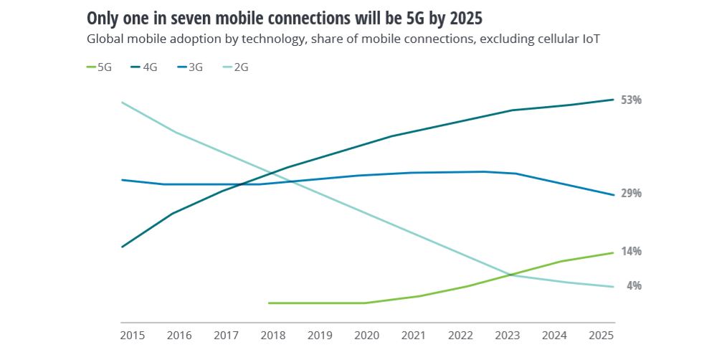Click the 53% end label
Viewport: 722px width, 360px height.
click(x=631, y=100)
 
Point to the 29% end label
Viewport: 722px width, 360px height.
click(x=631, y=194)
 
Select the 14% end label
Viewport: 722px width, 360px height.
click(x=631, y=252)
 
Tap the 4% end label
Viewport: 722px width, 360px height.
click(x=634, y=285)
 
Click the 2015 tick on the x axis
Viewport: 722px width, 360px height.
click(x=132, y=335)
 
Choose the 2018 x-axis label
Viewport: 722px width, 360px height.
click(x=273, y=335)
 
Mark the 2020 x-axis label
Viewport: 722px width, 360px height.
click(x=366, y=335)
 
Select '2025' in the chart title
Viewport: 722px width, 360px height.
click(x=453, y=17)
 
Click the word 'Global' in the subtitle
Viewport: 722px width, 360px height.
click(x=105, y=39)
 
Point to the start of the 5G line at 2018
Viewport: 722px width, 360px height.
click(x=269, y=303)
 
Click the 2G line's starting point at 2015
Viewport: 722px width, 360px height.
click(x=122, y=103)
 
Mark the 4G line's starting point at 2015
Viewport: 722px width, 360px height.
click(x=122, y=247)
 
